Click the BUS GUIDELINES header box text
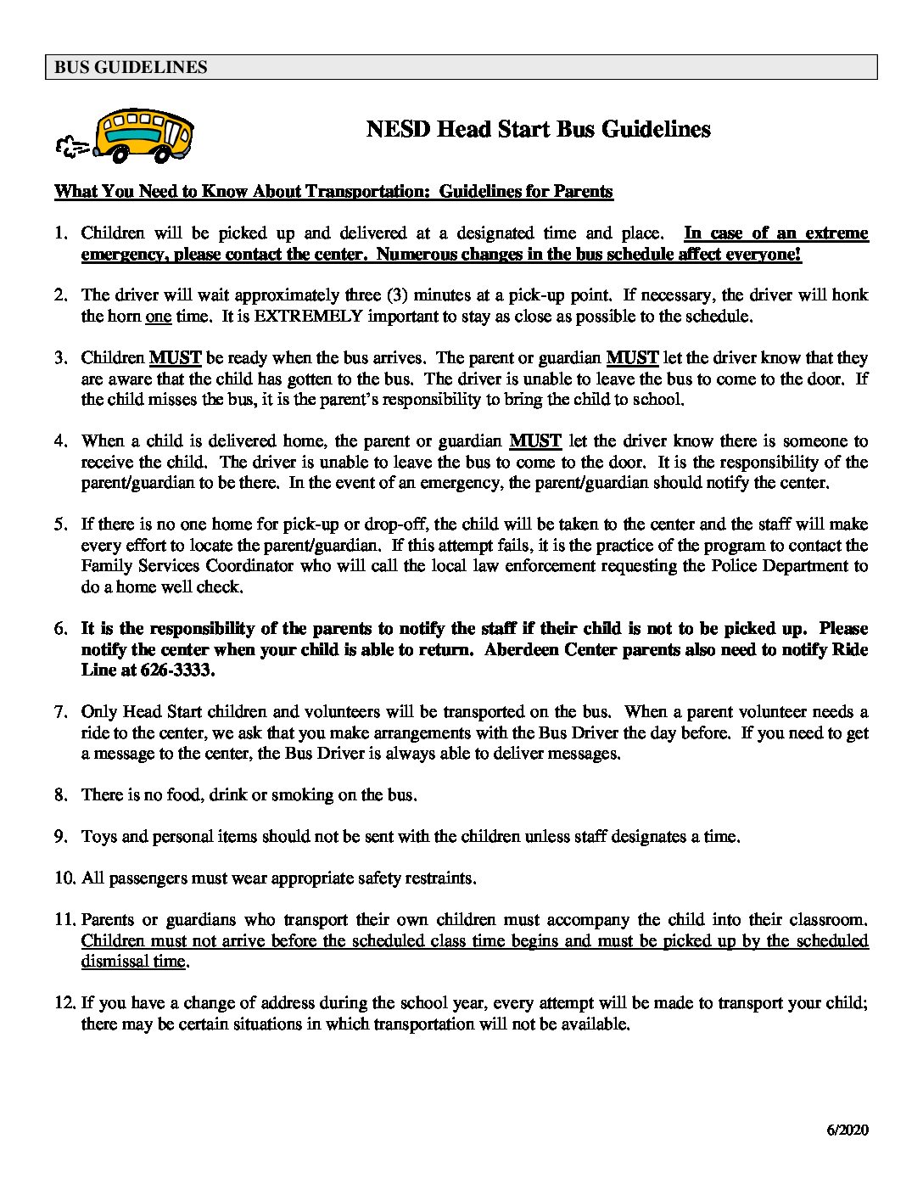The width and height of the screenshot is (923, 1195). pos(131,67)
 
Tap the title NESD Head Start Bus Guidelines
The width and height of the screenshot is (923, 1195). pos(538,129)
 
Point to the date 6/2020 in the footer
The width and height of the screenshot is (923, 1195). pos(845,1130)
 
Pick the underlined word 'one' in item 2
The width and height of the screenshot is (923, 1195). pos(159,317)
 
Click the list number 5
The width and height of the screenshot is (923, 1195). pos(60,525)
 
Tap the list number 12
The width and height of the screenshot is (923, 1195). pos(64,1002)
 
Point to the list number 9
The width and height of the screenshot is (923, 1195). pos(60,837)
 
